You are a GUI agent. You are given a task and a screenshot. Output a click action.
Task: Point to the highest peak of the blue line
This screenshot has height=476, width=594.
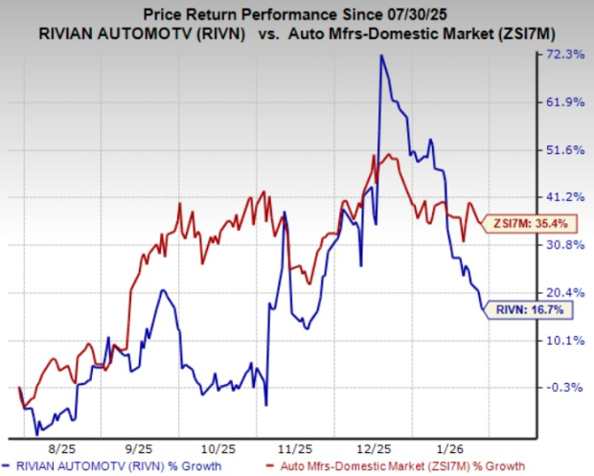click(381, 56)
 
